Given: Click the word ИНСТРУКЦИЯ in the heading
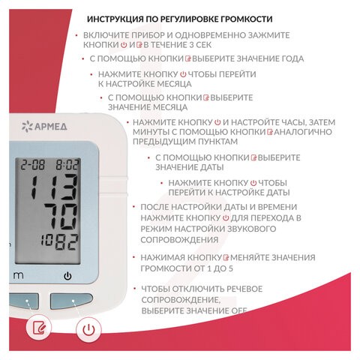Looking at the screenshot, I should tap(116, 19).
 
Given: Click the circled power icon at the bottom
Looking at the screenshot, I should tap(89, 328).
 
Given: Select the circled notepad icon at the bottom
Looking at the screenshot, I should tap(38, 328).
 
